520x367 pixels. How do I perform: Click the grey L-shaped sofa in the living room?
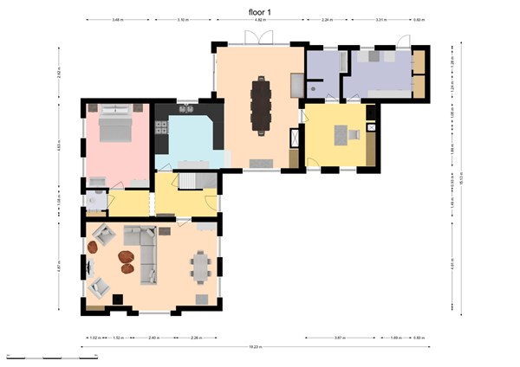(143, 251)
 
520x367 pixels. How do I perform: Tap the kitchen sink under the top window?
(185, 110)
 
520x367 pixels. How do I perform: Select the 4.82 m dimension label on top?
(259, 19)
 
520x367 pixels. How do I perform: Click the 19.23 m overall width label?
(255, 347)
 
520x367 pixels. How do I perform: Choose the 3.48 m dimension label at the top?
(116, 19)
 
